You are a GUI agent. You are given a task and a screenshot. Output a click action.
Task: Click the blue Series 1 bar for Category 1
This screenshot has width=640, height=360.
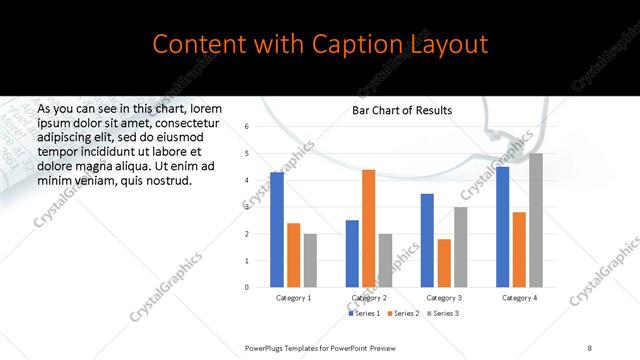point(277,230)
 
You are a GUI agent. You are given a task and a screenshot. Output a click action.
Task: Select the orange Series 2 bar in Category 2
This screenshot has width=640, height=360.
point(368,228)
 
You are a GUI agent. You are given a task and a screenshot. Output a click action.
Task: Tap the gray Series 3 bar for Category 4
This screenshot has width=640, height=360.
point(536,220)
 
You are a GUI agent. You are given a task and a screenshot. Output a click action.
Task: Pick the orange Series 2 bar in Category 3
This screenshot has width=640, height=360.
point(444,263)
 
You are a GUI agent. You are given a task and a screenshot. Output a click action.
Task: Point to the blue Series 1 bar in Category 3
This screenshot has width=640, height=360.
point(427,240)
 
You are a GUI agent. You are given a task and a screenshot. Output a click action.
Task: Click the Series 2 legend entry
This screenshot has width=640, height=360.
point(402,314)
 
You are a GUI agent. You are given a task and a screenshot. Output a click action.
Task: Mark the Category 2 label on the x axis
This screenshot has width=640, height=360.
point(369,298)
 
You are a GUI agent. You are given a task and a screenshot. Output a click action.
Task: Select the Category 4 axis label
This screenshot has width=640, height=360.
point(520,298)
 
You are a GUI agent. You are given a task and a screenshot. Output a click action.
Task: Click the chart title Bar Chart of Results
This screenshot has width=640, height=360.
point(402,110)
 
